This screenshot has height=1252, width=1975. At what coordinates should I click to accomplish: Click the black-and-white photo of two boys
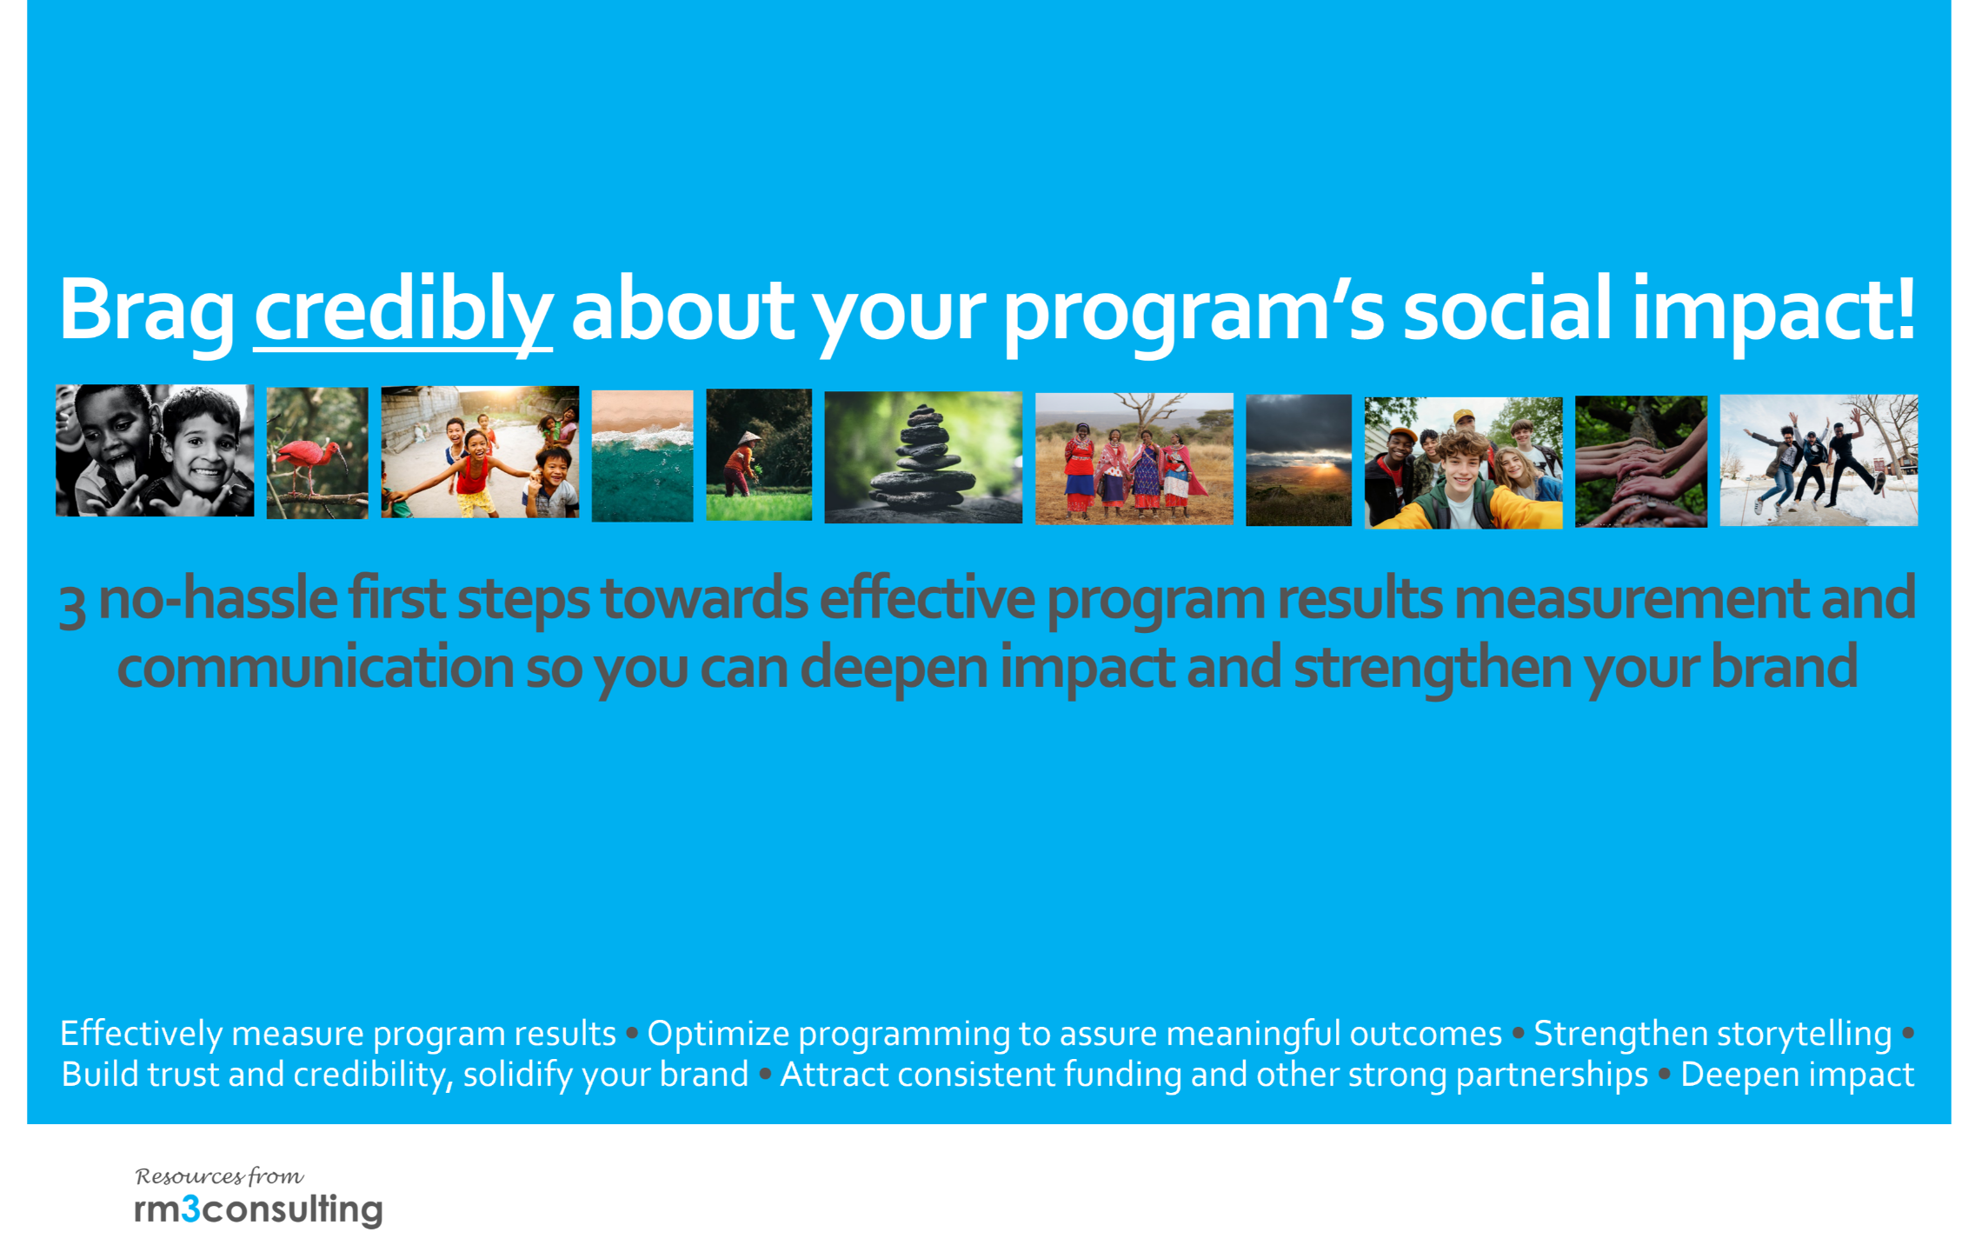tap(155, 450)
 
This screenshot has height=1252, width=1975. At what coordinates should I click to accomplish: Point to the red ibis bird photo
tap(317, 453)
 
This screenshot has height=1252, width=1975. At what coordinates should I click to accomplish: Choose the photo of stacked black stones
tap(923, 457)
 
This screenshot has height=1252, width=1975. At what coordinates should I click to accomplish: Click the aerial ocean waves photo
tap(642, 456)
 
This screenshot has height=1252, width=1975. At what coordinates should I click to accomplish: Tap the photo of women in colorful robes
tap(1134, 458)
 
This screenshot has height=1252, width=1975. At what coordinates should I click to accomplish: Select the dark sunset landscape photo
tap(1299, 460)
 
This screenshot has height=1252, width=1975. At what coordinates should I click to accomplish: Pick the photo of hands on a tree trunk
tap(1641, 462)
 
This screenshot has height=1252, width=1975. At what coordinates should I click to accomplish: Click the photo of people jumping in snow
tap(1819, 460)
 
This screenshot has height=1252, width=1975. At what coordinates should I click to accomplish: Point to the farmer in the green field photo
tap(759, 455)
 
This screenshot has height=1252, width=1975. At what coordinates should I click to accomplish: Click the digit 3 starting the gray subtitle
tap(72, 605)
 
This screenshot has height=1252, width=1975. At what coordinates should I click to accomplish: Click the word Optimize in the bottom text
tap(718, 1035)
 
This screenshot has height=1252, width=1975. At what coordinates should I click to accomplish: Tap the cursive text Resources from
tap(220, 1176)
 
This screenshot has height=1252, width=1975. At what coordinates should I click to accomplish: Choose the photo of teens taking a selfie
tap(1464, 463)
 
